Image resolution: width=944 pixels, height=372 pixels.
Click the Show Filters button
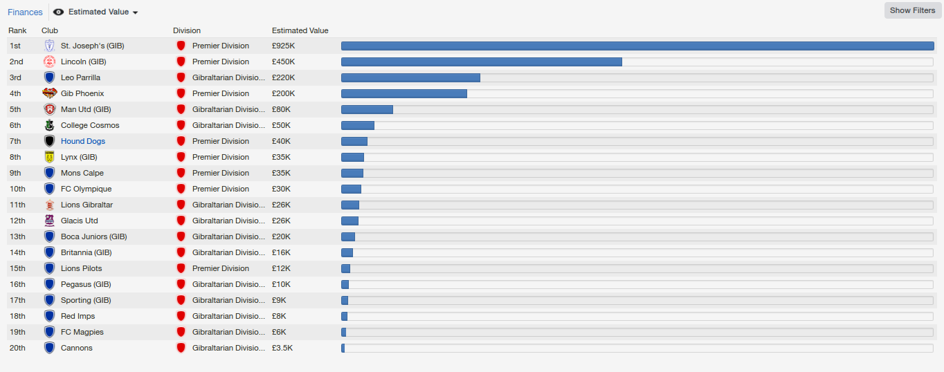[x=912, y=10]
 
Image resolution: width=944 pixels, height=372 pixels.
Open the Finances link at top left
[x=25, y=12]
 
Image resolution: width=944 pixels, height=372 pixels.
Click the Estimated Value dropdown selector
[x=97, y=12]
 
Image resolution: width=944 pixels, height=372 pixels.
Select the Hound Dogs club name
[x=83, y=141]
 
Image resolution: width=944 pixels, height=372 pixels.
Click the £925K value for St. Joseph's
[x=284, y=46]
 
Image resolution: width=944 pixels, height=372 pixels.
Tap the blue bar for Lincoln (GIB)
[x=481, y=62]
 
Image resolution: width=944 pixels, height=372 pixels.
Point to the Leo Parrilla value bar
[x=410, y=77]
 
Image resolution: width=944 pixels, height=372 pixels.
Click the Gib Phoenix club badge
[x=49, y=93]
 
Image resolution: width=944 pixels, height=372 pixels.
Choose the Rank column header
[x=17, y=30]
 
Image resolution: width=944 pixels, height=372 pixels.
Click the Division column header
[x=187, y=30]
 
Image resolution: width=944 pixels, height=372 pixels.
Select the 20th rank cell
[x=17, y=348]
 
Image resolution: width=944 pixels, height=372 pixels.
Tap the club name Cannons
[x=76, y=348]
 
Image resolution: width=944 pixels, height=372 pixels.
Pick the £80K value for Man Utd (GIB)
[x=281, y=109]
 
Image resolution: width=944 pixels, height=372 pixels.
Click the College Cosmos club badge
[x=49, y=125]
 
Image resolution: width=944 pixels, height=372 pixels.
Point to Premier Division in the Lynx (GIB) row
[x=221, y=157]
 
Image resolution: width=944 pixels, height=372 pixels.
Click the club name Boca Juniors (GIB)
[x=93, y=236]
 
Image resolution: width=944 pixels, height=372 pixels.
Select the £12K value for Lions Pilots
[x=281, y=268]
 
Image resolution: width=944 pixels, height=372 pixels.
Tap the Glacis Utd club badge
[x=49, y=221]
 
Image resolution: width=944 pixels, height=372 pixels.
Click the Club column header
[x=50, y=30]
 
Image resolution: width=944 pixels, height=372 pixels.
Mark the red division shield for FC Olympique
[x=181, y=189]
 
